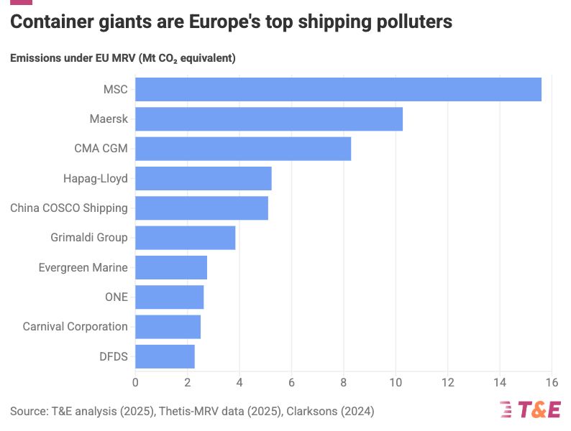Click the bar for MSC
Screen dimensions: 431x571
(x=338, y=89)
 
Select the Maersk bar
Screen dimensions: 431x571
(x=269, y=119)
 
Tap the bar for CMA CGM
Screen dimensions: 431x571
(x=243, y=149)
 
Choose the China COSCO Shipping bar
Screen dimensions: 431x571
(x=201, y=208)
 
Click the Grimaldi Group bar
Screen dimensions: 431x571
(x=186, y=238)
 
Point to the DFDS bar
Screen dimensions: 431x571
(x=165, y=356)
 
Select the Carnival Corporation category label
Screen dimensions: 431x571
(x=75, y=326)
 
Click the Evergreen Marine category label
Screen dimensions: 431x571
(x=83, y=267)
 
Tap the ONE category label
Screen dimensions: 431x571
(x=117, y=297)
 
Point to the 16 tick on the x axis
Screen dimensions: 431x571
(x=552, y=383)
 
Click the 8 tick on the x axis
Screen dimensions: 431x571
(x=344, y=383)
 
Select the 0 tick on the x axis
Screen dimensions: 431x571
(x=135, y=383)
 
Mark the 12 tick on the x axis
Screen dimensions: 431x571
(x=447, y=383)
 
